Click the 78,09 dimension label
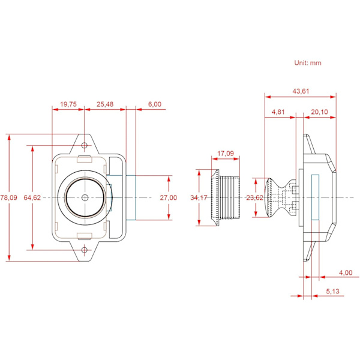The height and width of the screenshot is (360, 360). [9, 197]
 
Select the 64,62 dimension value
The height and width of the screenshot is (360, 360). [32, 197]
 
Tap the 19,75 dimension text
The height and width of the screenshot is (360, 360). [68, 104]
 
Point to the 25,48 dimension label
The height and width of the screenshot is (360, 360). [105, 104]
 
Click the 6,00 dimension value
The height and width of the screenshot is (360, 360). [155, 104]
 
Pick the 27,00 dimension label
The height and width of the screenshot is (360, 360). [169, 197]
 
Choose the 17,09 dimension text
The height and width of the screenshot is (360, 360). [226, 154]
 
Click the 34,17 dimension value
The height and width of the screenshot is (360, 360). [199, 197]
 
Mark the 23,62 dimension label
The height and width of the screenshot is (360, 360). [254, 197]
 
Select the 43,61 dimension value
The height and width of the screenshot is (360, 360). [301, 91]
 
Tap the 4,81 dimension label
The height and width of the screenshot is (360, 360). [278, 112]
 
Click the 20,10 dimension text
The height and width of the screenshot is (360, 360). [319, 112]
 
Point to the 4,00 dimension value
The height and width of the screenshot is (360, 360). [346, 273]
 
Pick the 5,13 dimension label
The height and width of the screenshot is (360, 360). [332, 292]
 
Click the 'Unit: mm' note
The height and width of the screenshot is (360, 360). [308, 63]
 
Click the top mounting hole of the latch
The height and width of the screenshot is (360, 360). [85, 145]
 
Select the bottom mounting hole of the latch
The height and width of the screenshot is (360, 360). [85, 250]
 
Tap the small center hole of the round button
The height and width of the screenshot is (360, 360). [85, 197]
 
